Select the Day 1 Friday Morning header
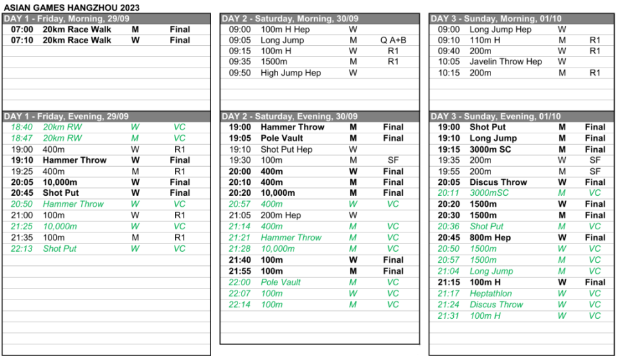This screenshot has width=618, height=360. coord(71,19)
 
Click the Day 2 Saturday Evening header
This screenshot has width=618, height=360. coord(290,117)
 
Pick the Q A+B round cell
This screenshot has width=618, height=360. coord(393,40)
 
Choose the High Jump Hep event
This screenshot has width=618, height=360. coord(290,73)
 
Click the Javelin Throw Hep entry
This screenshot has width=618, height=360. coord(506,62)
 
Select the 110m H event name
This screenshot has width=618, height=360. coord(484,40)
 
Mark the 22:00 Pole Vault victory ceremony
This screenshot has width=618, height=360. coord(281,282)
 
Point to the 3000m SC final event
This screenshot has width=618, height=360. coord(494,149)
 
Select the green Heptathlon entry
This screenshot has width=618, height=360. coord(491,293)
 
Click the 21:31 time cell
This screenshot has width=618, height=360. coord(449,316)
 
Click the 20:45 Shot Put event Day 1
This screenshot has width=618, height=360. coord(61,193)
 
